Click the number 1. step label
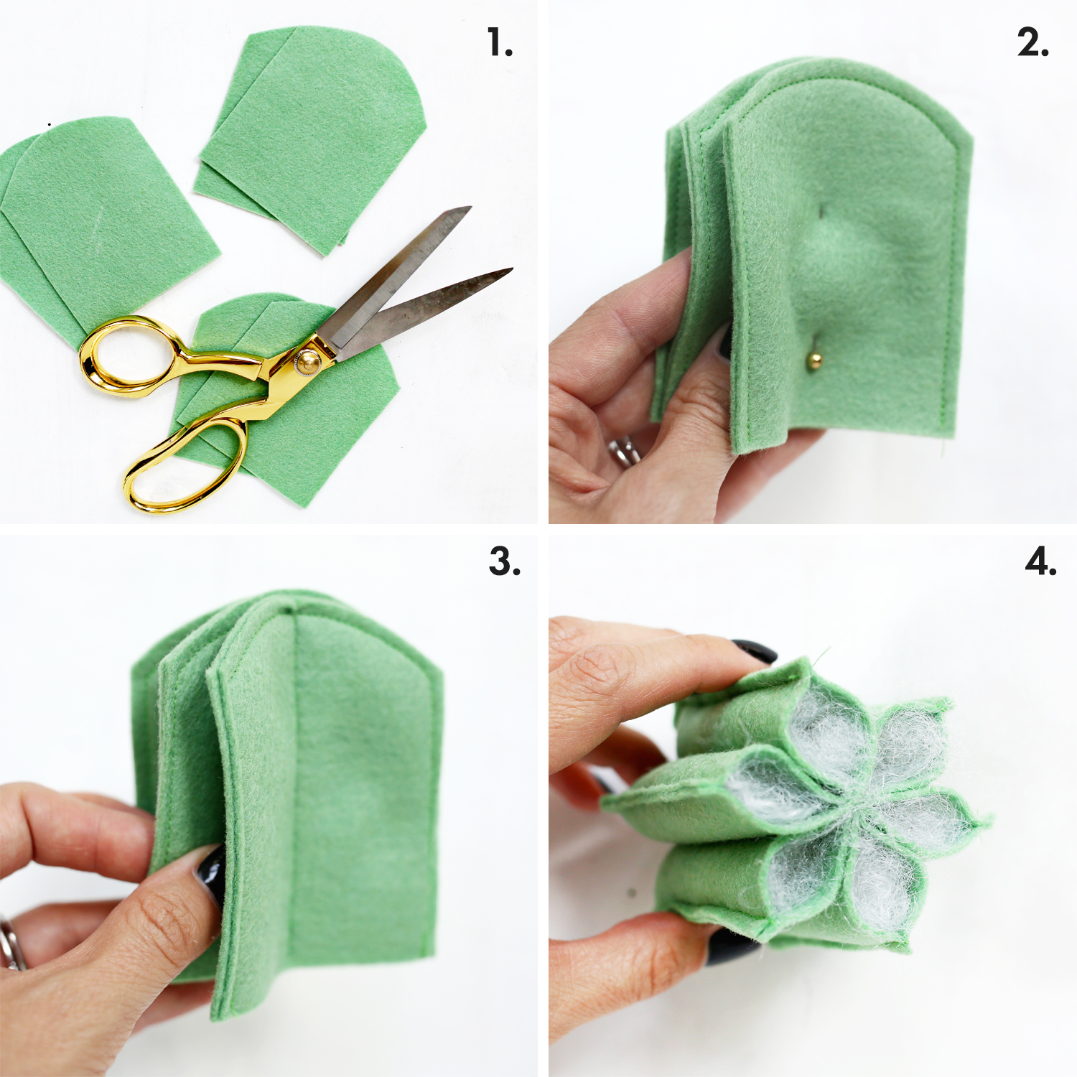(x=500, y=42)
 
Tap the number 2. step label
(x=1033, y=42)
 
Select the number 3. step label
(x=505, y=561)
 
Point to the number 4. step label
(x=1041, y=561)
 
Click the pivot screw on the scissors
(x=309, y=357)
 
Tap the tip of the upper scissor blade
(x=470, y=208)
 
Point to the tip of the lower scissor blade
(x=511, y=269)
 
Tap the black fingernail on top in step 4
(x=755, y=651)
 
